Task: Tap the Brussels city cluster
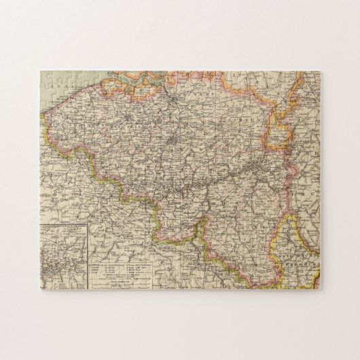pos(176,140)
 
